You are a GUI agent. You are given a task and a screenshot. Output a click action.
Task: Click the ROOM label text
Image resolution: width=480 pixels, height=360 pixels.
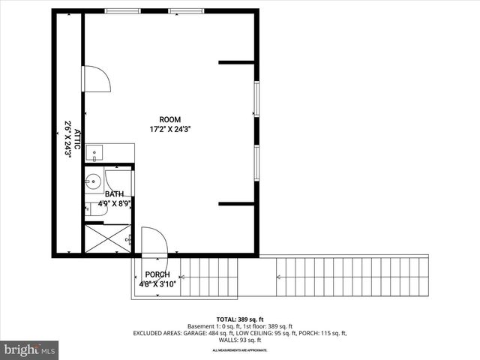pos(169,119)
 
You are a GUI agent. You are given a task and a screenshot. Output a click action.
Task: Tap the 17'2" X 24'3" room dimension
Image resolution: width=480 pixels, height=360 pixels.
pos(169,129)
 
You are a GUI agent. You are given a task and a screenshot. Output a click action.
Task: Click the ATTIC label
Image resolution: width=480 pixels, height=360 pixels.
pos(74,134)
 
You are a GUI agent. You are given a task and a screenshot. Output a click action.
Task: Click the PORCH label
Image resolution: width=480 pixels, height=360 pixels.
pos(157,274)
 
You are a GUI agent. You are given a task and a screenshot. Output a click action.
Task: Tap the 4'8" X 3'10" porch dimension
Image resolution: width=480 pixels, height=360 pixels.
pos(157,284)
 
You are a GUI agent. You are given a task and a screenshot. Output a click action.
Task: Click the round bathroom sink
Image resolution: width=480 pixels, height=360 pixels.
pos(94,181)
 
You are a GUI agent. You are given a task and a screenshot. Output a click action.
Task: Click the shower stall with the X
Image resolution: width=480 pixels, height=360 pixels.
pos(108,239)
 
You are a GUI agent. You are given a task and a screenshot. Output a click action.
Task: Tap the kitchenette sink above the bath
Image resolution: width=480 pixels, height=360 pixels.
pos(94,154)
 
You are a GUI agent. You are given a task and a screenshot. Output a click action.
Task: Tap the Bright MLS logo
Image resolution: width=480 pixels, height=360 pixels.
pos(30,349)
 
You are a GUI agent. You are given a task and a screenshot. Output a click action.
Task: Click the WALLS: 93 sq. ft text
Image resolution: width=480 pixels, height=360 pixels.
pos(240,339)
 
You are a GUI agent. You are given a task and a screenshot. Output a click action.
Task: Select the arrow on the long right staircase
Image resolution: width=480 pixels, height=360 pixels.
pos(279,277)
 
